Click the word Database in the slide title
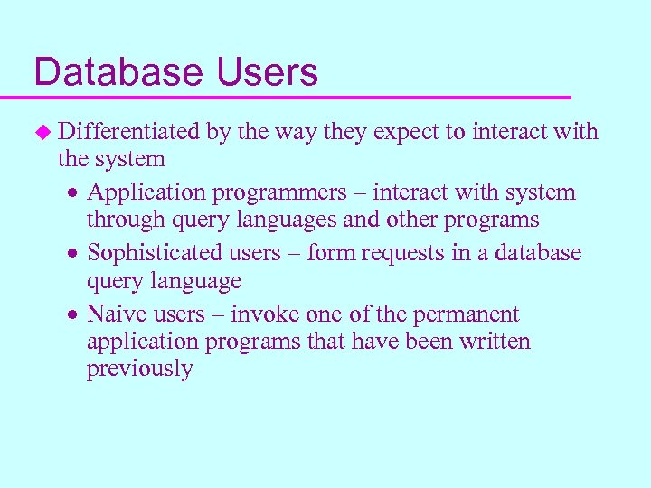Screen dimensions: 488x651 pyautogui.click(x=118, y=72)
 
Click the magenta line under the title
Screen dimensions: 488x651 pyautogui.click(x=298, y=96)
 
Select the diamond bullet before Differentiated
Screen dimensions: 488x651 pyautogui.click(x=41, y=132)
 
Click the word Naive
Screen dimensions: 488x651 pyautogui.click(x=115, y=314)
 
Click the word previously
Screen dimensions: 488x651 pyautogui.click(x=139, y=369)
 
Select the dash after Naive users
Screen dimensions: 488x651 pyautogui.click(x=218, y=314)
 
